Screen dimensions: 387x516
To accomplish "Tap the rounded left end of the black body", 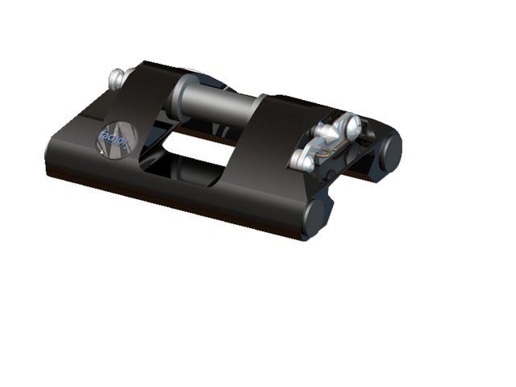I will click(55, 157).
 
